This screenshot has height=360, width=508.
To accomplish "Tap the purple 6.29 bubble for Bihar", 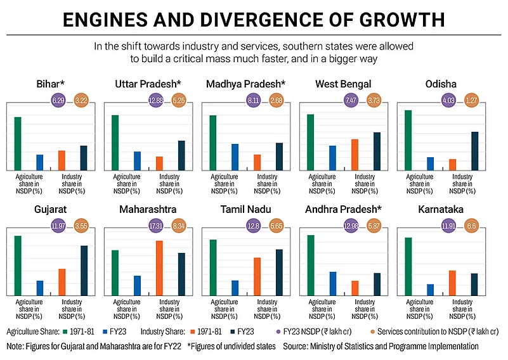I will (x=58, y=100).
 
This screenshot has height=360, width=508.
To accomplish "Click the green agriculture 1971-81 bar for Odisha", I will (x=408, y=140).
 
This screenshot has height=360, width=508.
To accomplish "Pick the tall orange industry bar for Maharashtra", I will (x=159, y=267).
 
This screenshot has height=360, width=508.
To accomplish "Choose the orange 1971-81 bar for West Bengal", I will (x=355, y=155).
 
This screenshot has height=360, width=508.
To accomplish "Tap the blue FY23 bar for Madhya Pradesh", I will (x=235, y=157).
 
